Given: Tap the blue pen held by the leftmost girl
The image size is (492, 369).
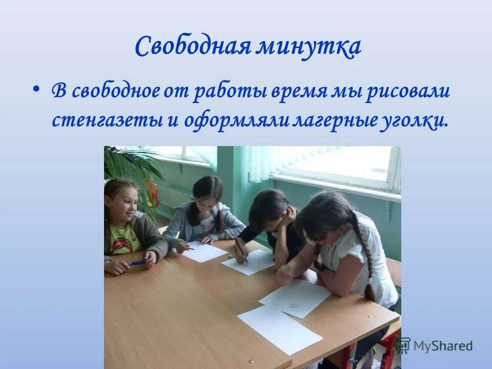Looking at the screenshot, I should click(x=137, y=262).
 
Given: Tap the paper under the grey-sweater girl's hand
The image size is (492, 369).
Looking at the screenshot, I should click(x=203, y=252).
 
